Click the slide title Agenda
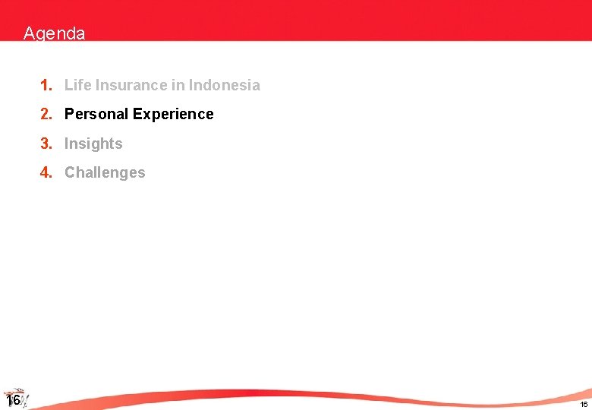(54, 33)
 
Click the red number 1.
(46, 85)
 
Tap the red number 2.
(46, 114)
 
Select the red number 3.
(46, 143)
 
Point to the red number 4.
(46, 172)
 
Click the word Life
(77, 85)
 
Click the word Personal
(96, 114)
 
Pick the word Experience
(173, 114)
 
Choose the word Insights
(93, 143)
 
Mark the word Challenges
(105, 172)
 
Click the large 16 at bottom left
(12, 400)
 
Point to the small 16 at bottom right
(584, 404)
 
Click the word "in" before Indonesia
(178, 85)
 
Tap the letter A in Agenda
(29, 33)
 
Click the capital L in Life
(68, 85)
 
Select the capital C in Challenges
(70, 172)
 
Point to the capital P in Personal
(69, 114)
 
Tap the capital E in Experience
(137, 114)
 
